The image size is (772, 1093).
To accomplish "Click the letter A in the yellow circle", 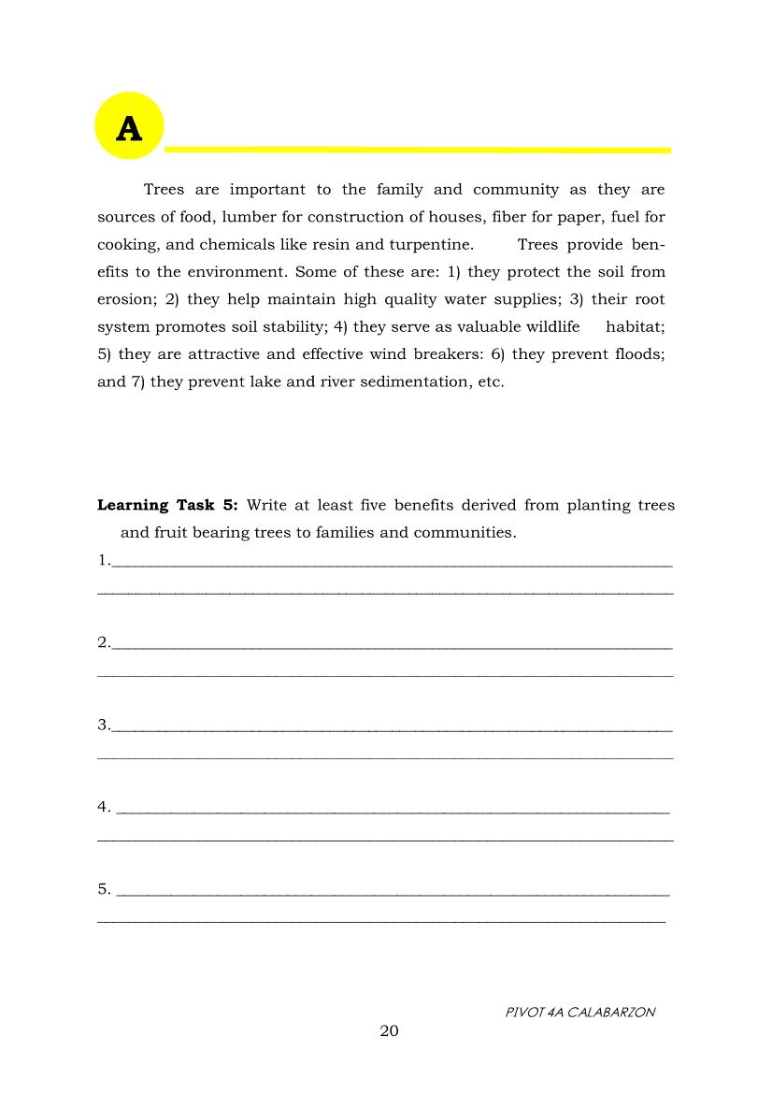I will coord(129,128).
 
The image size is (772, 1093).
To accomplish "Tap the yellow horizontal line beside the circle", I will coord(418,149).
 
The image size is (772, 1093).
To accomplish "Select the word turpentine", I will coord(432,245).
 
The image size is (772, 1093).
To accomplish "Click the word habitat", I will coord(635,327).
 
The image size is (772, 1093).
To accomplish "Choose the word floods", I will coord(638,354).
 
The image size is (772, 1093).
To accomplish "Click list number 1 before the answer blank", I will coord(102,561).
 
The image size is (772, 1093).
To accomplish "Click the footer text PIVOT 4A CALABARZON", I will coord(579,1012).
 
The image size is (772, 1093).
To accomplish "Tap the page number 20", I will coord(389,1031).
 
